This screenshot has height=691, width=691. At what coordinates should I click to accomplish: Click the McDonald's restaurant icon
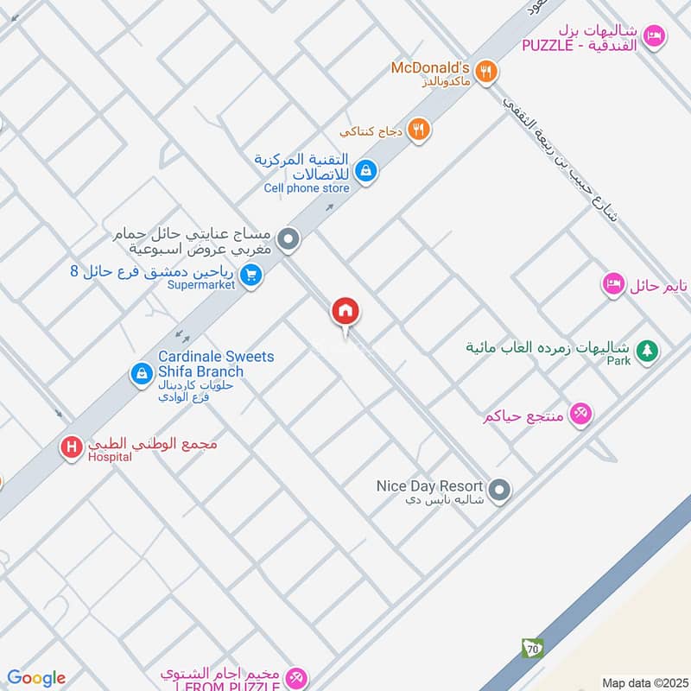pyautogui.click(x=487, y=73)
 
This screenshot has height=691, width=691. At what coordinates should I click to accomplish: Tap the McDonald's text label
pyautogui.click(x=429, y=67)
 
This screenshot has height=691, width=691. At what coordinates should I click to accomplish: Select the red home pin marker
pyautogui.click(x=345, y=311)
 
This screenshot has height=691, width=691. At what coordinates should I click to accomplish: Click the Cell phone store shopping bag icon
pyautogui.click(x=366, y=170)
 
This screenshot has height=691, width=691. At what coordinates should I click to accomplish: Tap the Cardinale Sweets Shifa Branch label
pyautogui.click(x=215, y=364)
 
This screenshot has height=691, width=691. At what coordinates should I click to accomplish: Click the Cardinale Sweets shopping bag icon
pyautogui.click(x=140, y=374)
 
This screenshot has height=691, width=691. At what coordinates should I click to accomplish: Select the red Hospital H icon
pyautogui.click(x=72, y=447)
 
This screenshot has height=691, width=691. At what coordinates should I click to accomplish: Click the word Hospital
pyautogui.click(x=110, y=457)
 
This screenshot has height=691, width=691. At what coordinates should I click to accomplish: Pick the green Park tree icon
pyautogui.click(x=645, y=351)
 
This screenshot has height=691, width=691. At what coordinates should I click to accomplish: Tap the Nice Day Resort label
pyautogui.click(x=429, y=485)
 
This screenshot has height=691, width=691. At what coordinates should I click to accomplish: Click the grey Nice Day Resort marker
pyautogui.click(x=498, y=491)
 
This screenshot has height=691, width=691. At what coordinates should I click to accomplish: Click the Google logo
pyautogui.click(x=36, y=678)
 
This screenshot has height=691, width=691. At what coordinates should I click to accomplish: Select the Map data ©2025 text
pyautogui.click(x=643, y=682)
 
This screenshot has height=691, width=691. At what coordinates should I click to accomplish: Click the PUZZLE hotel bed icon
pyautogui.click(x=655, y=35)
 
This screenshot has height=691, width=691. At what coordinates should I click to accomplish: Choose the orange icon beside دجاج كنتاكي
pyautogui.click(x=419, y=130)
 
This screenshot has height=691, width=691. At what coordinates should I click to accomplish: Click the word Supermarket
pyautogui.click(x=201, y=285)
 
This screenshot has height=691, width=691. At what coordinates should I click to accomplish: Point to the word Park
pyautogui.click(x=618, y=361)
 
